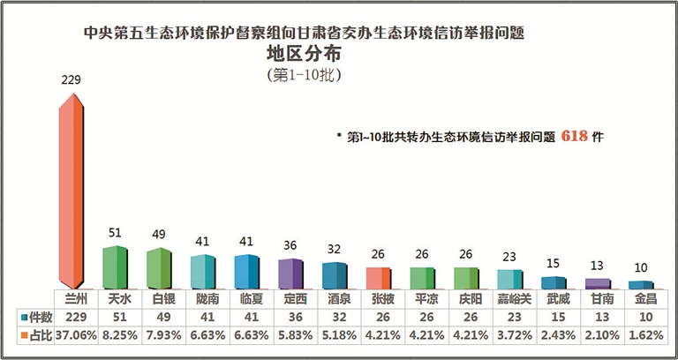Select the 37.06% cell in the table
coord(72,334)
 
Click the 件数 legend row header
coord(35,316)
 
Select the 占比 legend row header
coord(35,334)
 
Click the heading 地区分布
coord(304,55)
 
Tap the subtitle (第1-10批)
coord(304,75)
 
